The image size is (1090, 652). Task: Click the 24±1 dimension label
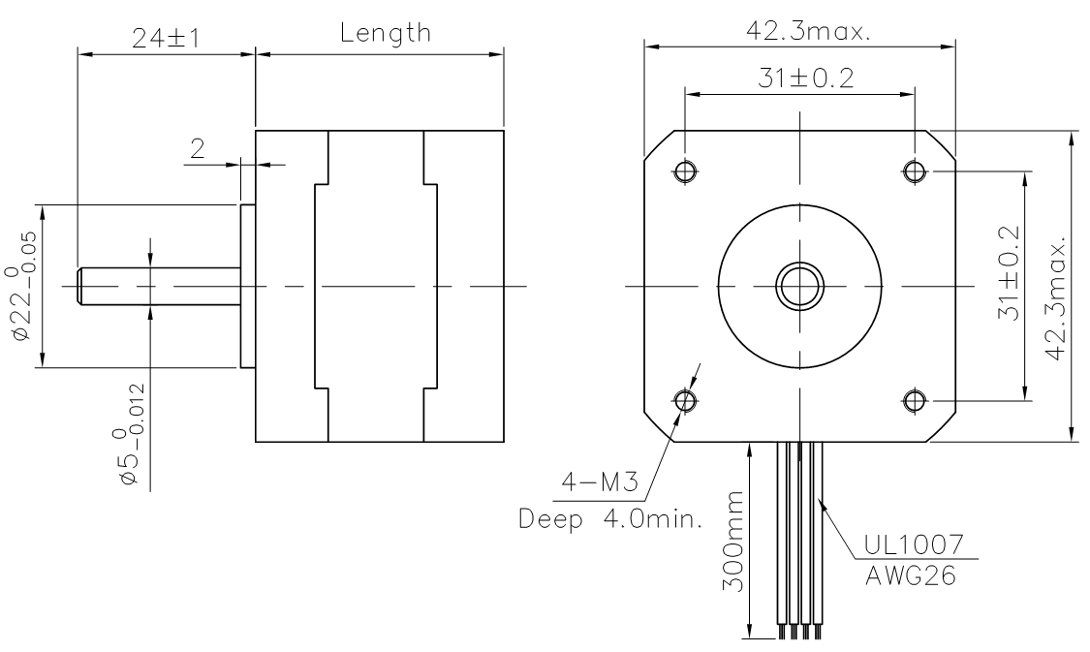click(166, 38)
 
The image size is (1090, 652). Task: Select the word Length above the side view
click(386, 33)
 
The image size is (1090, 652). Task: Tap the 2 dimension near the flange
click(198, 148)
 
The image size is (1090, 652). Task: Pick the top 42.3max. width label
click(808, 31)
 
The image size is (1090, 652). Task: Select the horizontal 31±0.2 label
click(805, 78)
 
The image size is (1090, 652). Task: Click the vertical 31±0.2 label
click(1009, 273)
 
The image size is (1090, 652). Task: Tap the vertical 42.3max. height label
click(1056, 299)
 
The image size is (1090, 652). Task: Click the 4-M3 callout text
click(599, 481)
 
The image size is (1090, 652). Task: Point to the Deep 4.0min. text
click(611, 518)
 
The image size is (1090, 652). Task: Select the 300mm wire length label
click(732, 542)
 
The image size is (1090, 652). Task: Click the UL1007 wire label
click(914, 545)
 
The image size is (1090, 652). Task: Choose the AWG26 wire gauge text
click(910, 575)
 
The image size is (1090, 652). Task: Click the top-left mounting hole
click(685, 171)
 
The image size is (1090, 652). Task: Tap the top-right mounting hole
click(915, 171)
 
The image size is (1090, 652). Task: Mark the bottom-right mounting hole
click(915, 400)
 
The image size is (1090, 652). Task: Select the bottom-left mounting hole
click(685, 400)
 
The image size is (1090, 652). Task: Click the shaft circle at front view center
click(800, 286)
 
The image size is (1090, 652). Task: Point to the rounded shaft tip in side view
click(79, 286)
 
